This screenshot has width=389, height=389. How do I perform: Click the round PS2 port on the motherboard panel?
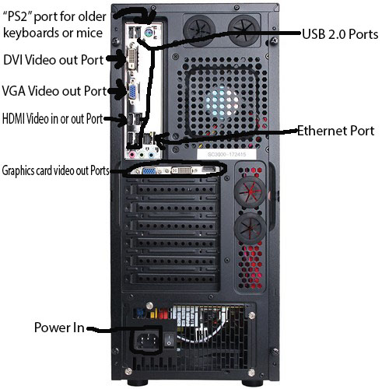click(148, 33)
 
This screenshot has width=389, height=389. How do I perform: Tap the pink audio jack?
click(132, 155)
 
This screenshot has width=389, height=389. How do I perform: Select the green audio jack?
click(142, 155)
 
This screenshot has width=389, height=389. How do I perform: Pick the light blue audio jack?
click(151, 155)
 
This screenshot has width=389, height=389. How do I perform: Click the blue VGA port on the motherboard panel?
click(133, 92)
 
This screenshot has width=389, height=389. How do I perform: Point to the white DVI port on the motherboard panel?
click(131, 58)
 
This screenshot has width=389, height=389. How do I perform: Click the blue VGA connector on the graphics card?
click(149, 170)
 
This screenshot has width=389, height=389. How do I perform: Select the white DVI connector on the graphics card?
click(182, 170)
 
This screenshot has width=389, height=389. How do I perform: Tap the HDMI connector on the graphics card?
click(209, 170)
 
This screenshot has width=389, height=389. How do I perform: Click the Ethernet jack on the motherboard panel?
click(149, 138)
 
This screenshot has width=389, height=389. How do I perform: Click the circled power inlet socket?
click(147, 341)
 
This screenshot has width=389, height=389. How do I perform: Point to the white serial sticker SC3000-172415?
click(226, 155)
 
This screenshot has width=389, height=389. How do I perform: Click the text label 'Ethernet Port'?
click(335, 131)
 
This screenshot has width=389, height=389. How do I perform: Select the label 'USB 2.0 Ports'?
click(340, 34)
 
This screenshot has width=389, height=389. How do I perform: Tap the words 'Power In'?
click(59, 328)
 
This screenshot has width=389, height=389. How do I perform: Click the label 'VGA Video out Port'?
click(54, 91)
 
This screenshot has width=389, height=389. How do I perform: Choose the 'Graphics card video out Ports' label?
click(55, 170)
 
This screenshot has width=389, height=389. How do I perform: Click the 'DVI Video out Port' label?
click(54, 60)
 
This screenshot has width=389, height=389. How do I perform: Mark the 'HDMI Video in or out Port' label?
click(53, 119)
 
